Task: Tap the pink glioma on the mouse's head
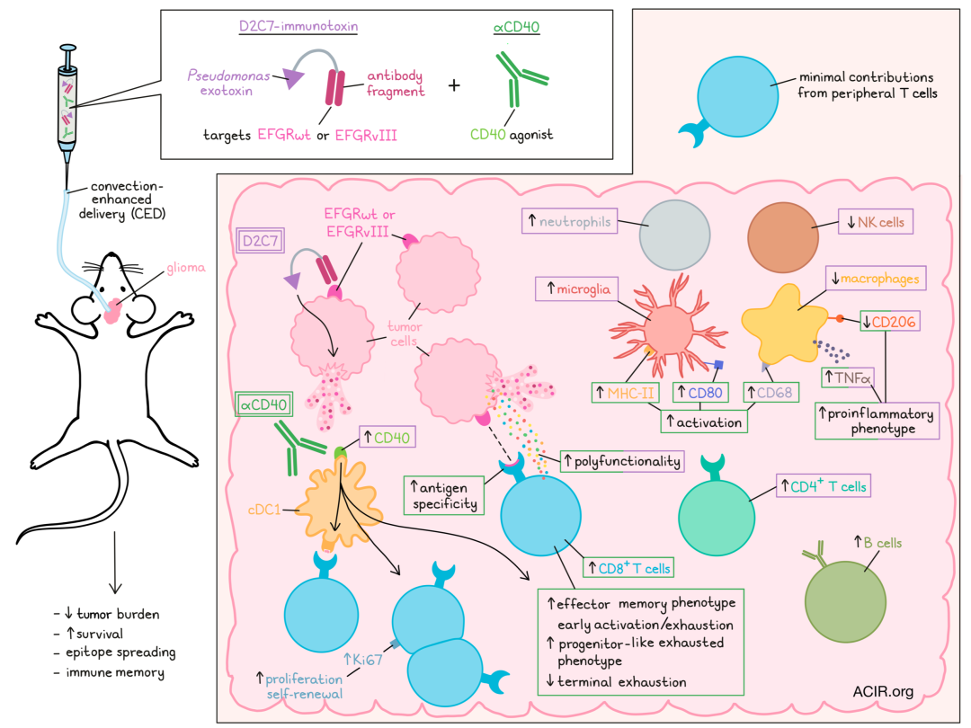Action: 112,311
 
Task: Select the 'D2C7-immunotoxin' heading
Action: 298,26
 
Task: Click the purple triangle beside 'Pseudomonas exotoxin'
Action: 292,78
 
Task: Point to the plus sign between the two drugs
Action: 454,85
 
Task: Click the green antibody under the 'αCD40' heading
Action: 514,82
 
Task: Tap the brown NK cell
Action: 784,235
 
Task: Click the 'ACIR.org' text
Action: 883,691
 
